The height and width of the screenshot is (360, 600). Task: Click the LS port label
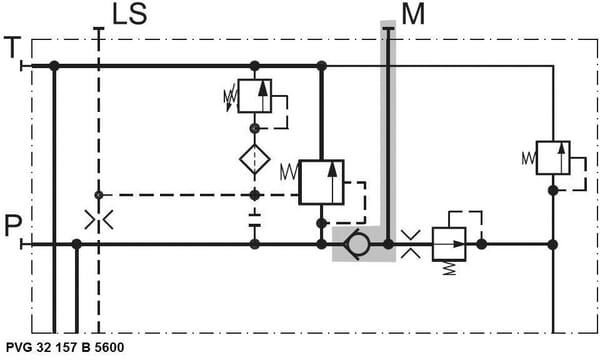click(x=129, y=14)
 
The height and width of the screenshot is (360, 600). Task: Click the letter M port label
click(x=413, y=14)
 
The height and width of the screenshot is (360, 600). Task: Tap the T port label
click(x=12, y=47)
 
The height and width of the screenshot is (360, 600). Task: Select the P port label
click(x=13, y=226)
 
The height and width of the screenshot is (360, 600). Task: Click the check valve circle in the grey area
click(x=357, y=244)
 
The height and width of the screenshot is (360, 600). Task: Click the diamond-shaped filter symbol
click(x=255, y=159)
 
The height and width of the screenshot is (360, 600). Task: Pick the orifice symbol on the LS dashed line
click(x=99, y=220)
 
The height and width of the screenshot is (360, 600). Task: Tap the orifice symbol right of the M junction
click(x=411, y=244)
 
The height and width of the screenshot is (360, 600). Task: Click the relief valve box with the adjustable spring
click(x=254, y=96)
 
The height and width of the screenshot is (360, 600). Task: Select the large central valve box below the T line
click(x=321, y=182)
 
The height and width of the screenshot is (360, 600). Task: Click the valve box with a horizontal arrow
click(x=449, y=244)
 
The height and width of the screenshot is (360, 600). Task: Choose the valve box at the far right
click(x=553, y=158)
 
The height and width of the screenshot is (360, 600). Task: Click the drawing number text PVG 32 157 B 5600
click(x=65, y=347)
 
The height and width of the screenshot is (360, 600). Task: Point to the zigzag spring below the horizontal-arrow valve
click(x=450, y=268)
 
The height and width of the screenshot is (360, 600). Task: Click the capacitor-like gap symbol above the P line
click(x=254, y=220)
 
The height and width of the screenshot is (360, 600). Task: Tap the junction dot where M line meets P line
click(x=388, y=244)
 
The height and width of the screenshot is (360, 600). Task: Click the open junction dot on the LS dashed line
click(x=99, y=195)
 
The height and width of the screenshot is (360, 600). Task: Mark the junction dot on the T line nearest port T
click(x=54, y=66)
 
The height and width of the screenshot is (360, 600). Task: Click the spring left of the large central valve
click(x=289, y=172)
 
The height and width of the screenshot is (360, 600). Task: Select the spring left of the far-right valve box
click(x=529, y=158)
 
